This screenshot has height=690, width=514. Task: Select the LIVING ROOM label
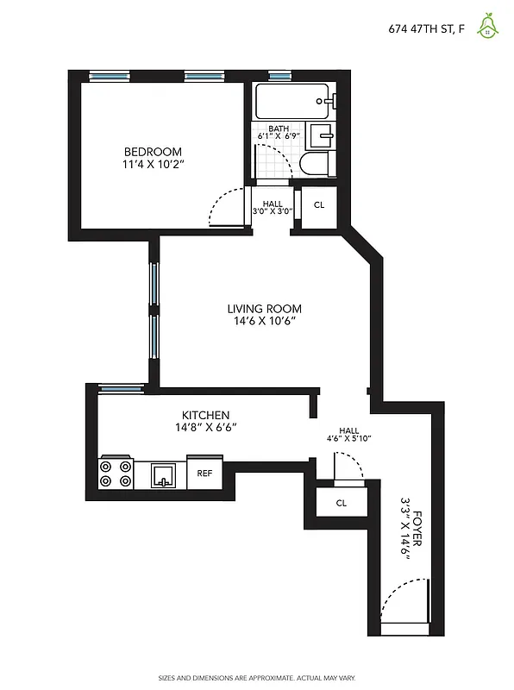[265, 309]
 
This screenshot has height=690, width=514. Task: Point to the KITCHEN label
[205, 415]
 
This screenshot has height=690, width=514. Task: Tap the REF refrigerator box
[205, 473]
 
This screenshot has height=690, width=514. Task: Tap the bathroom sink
[322, 135]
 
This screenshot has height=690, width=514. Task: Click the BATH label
[278, 129]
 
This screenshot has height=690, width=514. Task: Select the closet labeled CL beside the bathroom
[319, 205]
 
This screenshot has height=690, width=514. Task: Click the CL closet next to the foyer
[342, 503]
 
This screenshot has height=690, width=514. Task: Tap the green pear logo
[489, 27]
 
